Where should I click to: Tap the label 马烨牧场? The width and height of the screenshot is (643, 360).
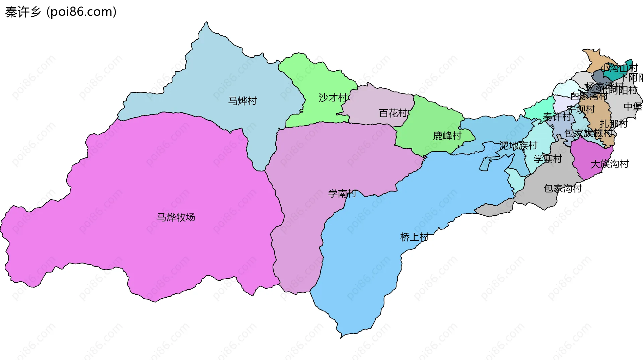176,217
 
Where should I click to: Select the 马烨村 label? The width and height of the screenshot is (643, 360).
242,101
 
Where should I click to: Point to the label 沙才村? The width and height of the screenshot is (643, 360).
333,98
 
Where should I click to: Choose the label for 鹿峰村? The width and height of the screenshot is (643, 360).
447,136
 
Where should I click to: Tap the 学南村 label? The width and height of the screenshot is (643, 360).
342,194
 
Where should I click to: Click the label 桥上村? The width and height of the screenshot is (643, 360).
414,237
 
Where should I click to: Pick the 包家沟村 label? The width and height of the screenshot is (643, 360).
563,189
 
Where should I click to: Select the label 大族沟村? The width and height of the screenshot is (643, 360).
610,164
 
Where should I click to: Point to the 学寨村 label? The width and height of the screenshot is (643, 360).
548,159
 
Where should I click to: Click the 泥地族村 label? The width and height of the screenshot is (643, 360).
518,145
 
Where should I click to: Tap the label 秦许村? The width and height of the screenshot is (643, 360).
557,117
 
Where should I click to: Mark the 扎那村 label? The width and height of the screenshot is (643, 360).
614,124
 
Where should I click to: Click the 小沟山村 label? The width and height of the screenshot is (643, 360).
620,68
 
